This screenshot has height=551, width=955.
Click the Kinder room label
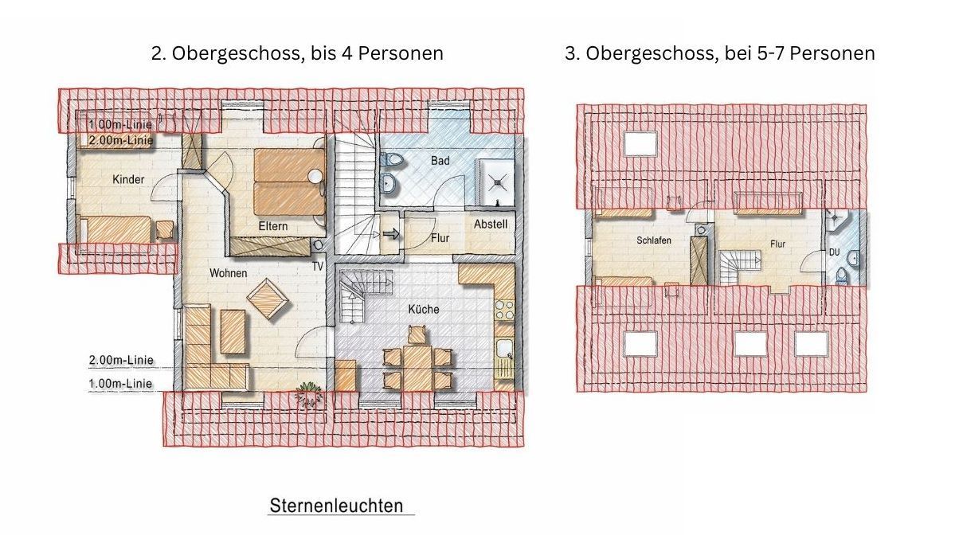[x=128, y=180]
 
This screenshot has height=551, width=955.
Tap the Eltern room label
[x=273, y=226]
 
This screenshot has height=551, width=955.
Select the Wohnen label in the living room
[x=229, y=273]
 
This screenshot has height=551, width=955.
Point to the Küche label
[x=424, y=309]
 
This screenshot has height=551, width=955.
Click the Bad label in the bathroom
[x=440, y=161]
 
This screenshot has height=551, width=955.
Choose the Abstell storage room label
[x=491, y=224]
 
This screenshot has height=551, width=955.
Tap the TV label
[x=318, y=267]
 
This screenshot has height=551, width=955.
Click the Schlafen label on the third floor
[x=654, y=240]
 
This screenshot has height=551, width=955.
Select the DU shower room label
[x=835, y=252]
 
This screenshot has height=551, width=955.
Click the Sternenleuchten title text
[x=337, y=506]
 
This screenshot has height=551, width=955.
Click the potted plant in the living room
[x=309, y=394]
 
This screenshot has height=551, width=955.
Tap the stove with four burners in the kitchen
[x=505, y=310]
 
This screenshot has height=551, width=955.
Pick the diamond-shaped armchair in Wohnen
[x=268, y=299]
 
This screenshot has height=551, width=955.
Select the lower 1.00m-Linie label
[x=120, y=384]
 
